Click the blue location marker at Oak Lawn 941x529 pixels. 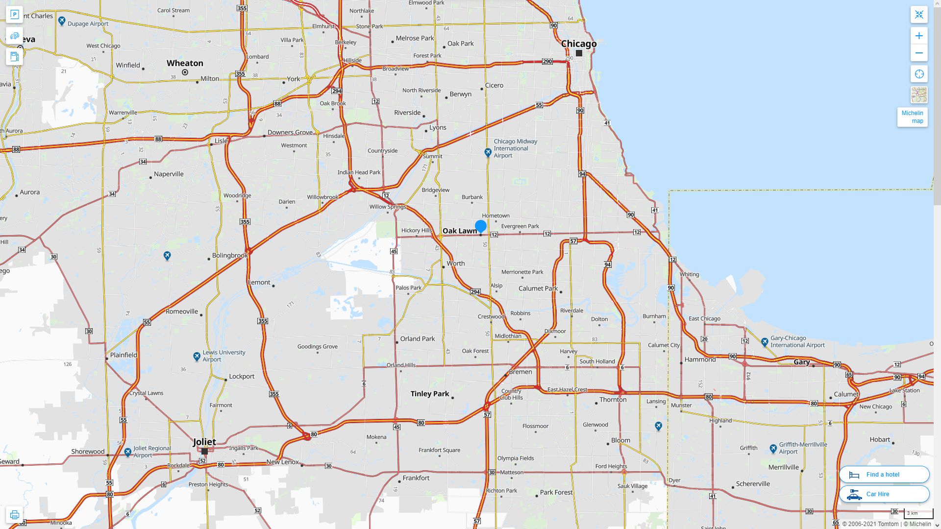tap(480, 226)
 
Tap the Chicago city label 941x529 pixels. tap(579, 44)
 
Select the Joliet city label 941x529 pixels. tap(204, 441)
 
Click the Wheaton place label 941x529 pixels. tap(185, 63)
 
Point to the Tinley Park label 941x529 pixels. tap(430, 394)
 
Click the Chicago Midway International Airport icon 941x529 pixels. tap(488, 153)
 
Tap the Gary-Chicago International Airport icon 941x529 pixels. tap(765, 341)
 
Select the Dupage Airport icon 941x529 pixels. tap(62, 21)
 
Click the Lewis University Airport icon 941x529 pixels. tap(197, 356)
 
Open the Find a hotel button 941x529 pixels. tap(884, 474)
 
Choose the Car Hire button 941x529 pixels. tap(884, 494)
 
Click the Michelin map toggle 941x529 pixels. tap(912, 117)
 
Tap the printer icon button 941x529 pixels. tap(14, 514)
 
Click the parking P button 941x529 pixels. tap(14, 15)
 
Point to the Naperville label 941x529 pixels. tap(169, 174)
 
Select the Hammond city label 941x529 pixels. tap(700, 360)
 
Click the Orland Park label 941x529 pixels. tap(418, 339)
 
